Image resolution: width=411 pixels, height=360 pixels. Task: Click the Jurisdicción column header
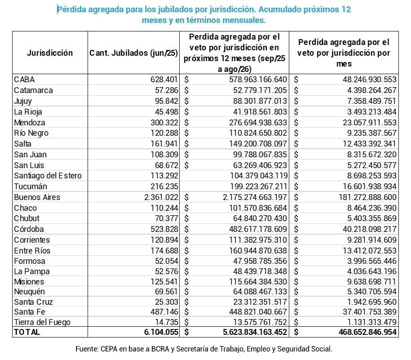coord(50,53)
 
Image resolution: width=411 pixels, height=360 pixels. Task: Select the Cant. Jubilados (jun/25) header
coord(133,53)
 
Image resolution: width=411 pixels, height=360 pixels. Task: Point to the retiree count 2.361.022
coord(160,197)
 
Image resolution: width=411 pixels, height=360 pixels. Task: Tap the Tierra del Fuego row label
coord(42,322)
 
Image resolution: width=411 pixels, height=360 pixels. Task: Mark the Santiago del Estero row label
coord(48,176)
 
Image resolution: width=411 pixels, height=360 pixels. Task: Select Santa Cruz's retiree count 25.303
coord(165,301)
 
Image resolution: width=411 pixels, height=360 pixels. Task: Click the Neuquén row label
coord(30,290)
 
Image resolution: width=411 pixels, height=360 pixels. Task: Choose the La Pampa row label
coord(31,271)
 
